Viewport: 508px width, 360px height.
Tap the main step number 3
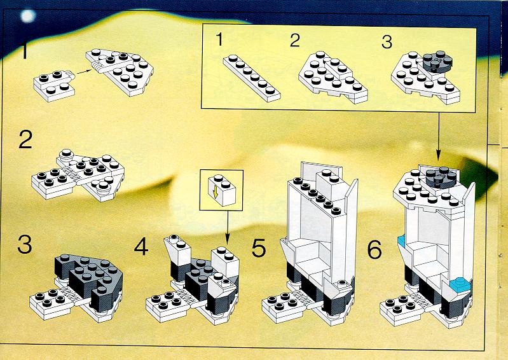click(25, 244)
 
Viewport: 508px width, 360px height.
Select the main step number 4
click(141, 247)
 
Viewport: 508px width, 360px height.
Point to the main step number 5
click(259, 248)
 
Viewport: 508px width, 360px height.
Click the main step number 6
click(374, 250)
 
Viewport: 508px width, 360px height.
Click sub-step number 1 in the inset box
click(219, 39)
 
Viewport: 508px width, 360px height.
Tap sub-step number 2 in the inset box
click(295, 41)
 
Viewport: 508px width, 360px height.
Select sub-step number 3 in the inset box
click(387, 42)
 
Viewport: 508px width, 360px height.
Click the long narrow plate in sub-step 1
click(252, 78)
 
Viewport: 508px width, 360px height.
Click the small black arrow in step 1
click(83, 72)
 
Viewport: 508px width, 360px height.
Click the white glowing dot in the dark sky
click(27, 16)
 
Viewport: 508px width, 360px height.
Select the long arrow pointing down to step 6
click(438, 136)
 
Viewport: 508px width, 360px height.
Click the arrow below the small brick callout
click(227, 228)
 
